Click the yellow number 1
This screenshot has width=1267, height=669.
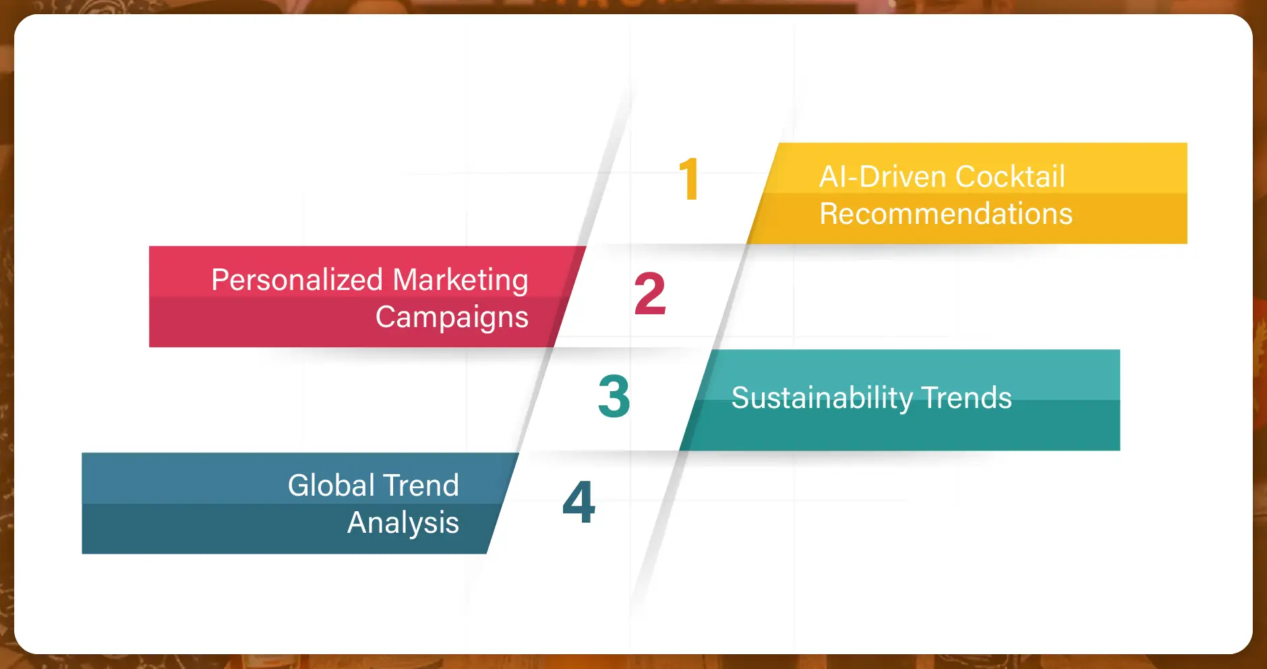click(x=689, y=179)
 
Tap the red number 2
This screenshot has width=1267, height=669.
click(x=650, y=294)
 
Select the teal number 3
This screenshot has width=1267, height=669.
click(x=614, y=396)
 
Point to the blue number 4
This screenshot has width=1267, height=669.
click(x=579, y=502)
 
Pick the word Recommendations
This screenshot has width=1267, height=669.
click(x=945, y=214)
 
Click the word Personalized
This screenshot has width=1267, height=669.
click(x=297, y=280)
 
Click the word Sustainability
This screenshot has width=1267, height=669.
click(x=822, y=399)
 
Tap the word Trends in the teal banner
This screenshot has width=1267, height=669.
click(x=966, y=398)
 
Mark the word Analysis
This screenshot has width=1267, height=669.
click(x=403, y=523)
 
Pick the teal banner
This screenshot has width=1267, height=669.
click(x=900, y=400)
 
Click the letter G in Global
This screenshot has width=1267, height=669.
click(x=299, y=486)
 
